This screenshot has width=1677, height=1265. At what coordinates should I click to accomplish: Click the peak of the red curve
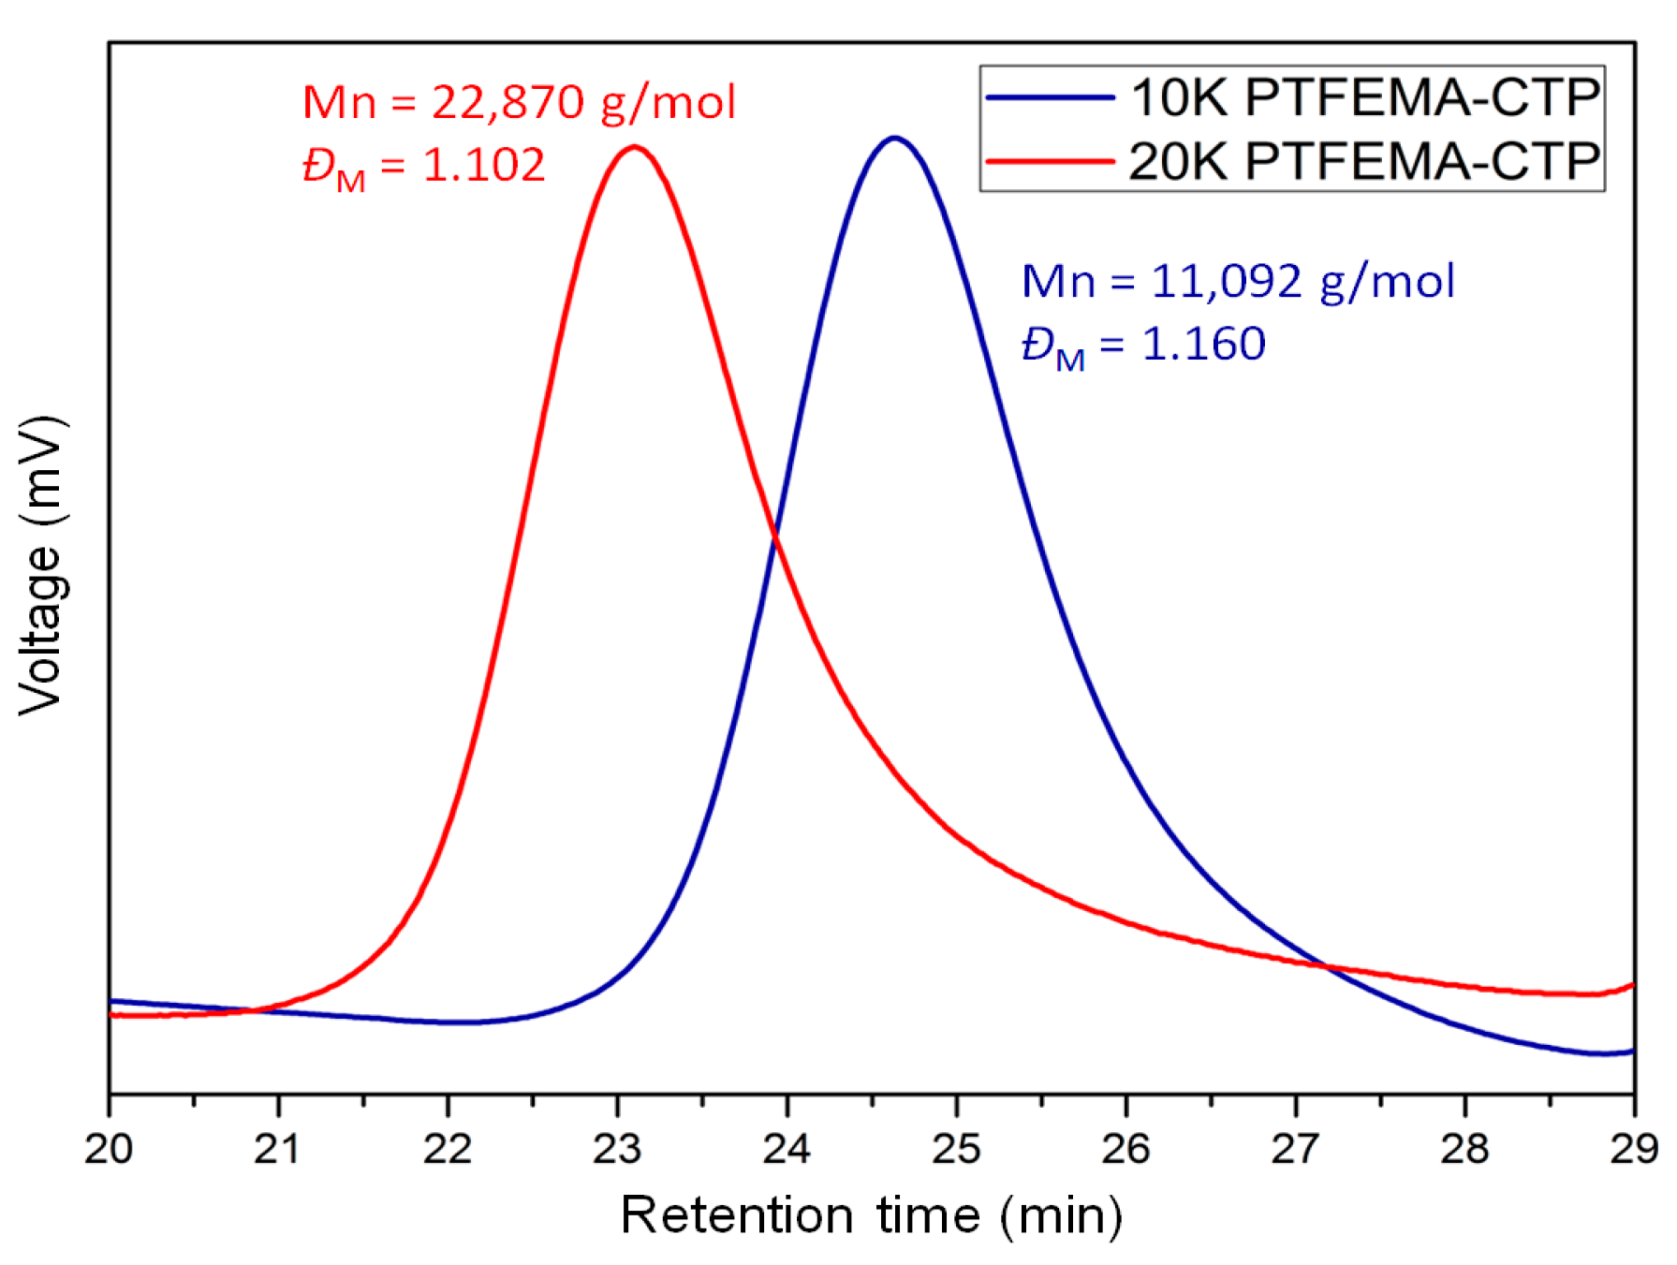click(x=635, y=147)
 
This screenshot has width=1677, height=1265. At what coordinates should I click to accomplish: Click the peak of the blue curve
click(x=894, y=139)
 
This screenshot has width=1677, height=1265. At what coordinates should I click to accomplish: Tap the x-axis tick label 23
click(x=617, y=1148)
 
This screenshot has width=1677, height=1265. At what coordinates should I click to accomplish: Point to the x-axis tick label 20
click(x=109, y=1148)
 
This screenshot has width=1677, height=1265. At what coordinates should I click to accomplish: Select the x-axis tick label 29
click(x=1634, y=1148)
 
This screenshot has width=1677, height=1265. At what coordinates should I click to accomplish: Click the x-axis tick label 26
click(x=1125, y=1148)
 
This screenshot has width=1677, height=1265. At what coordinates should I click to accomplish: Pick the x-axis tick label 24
click(x=787, y=1148)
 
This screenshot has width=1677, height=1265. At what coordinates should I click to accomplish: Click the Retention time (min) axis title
click(x=871, y=1215)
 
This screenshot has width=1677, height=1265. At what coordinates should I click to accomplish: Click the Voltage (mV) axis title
click(x=42, y=566)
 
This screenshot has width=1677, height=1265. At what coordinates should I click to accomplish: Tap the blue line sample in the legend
click(x=1050, y=97)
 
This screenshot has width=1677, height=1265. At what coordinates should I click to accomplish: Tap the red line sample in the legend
click(x=1050, y=161)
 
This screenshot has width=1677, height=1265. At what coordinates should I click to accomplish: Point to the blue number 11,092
click(x=1226, y=281)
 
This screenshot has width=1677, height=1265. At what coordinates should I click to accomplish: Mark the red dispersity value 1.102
click(x=484, y=166)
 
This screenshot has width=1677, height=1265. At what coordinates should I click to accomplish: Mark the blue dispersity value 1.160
click(x=1203, y=344)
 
